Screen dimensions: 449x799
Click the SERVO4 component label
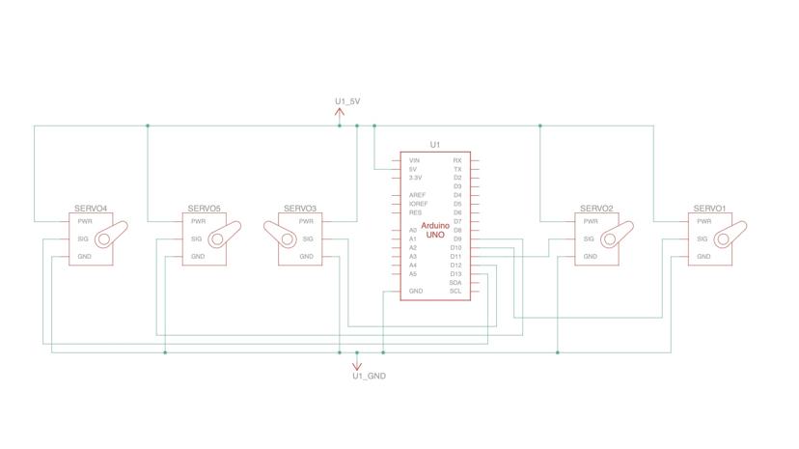tap(91, 209)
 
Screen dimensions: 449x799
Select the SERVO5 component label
tap(204, 209)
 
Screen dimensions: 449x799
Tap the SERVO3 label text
tap(300, 209)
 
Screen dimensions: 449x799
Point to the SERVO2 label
tap(596, 209)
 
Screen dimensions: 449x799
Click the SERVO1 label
tap(709, 209)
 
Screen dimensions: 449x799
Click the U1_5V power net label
tap(347, 101)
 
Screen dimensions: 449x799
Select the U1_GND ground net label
tap(369, 376)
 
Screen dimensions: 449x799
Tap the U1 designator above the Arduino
tap(435, 145)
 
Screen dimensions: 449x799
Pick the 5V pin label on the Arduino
tap(413, 169)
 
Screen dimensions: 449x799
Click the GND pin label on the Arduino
tap(415, 291)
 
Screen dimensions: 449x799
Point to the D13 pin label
tap(455, 273)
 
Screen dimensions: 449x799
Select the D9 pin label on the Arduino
tap(456, 239)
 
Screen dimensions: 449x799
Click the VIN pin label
tap(414, 160)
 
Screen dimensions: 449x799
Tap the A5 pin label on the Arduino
tap(413, 273)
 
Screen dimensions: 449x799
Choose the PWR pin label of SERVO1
tap(704, 221)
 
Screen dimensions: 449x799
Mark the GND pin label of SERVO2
tap(590, 256)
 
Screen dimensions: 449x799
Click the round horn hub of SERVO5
tap(218, 239)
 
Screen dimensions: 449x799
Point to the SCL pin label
tap(455, 291)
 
